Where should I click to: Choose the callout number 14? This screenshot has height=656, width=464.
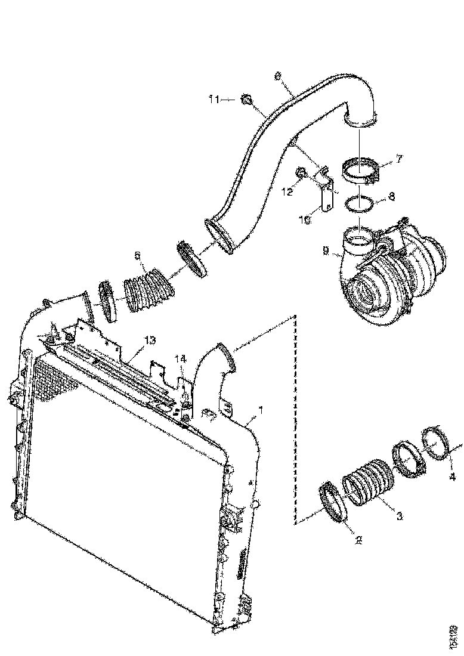tap(180, 358)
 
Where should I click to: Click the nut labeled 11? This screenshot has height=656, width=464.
tap(245, 100)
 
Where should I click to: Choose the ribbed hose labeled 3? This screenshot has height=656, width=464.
tap(368, 482)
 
